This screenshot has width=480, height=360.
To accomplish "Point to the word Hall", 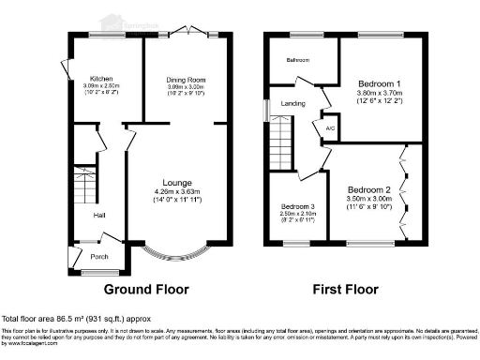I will pyautogui.click(x=98, y=216).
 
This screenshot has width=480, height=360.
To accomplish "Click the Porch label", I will pyautogui.click(x=99, y=255).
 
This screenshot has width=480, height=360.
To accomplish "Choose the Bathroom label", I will pyautogui.click(x=298, y=61).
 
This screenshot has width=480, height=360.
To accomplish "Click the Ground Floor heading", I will pyautogui.click(x=145, y=289).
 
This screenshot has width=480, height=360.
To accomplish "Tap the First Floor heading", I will pyautogui.click(x=341, y=289).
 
